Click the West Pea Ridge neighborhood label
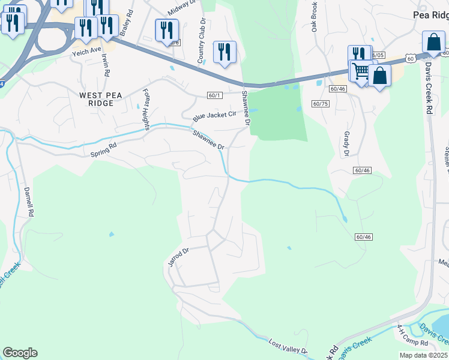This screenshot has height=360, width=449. pyautogui.click(x=96, y=99)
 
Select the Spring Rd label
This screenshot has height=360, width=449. pyautogui.click(x=103, y=150)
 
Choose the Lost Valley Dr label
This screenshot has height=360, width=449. pyautogui.click(x=288, y=346)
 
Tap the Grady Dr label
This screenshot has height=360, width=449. pyautogui.click(x=346, y=145)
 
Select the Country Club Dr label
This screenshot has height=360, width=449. pyautogui.click(x=202, y=41)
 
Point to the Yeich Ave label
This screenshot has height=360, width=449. pyautogui.click(x=86, y=51)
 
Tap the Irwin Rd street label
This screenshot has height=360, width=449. pyautogui.click(x=106, y=65)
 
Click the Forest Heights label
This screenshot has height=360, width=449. pyautogui.click(x=145, y=106)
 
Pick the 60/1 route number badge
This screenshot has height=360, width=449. pyautogui.click(x=215, y=95)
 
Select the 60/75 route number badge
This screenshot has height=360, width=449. pyautogui.click(x=321, y=104)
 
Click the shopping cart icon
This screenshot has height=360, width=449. pyautogui.click(x=361, y=71)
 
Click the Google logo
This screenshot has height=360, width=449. pyautogui.click(x=20, y=352)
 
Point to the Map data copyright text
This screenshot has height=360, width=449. pyautogui.click(x=424, y=355)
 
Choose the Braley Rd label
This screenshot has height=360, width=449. pyautogui.click(x=125, y=26)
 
